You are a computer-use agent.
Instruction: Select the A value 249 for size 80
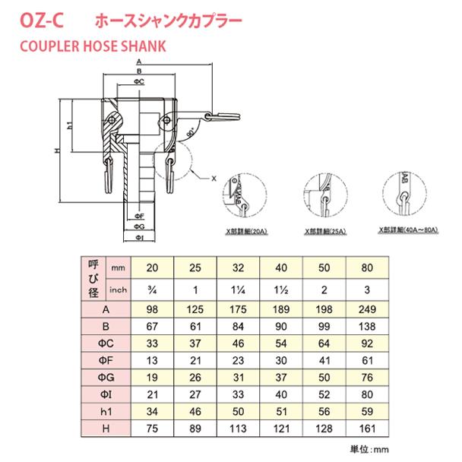point(367,311)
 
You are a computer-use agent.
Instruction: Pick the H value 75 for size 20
point(153,429)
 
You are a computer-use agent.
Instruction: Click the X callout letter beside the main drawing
point(214,178)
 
